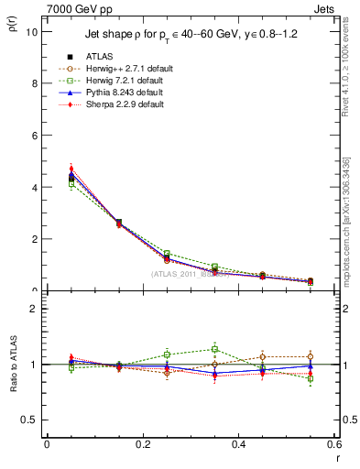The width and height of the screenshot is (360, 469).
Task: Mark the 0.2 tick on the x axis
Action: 142,444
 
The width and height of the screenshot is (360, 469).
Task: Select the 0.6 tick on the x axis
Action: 334,444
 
